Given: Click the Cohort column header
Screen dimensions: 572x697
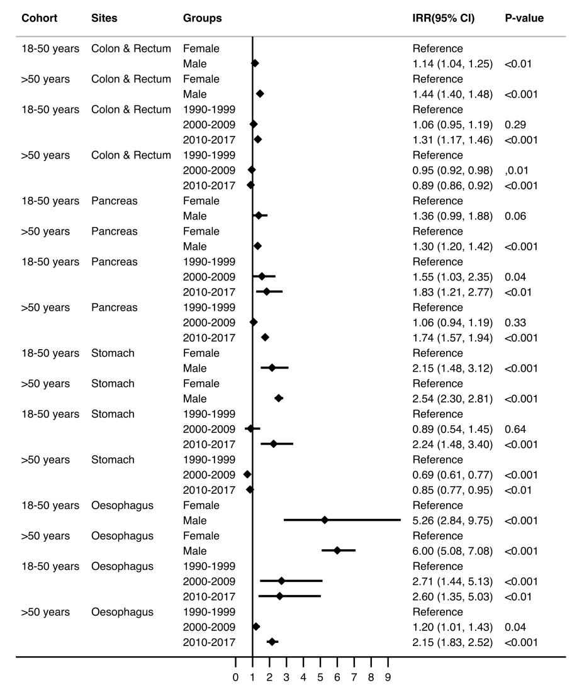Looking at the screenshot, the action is point(40,18).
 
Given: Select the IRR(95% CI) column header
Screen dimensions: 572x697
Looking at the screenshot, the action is point(444,18).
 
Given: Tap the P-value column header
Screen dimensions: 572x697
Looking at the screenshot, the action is point(524,18).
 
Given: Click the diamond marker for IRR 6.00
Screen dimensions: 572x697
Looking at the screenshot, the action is point(337,551).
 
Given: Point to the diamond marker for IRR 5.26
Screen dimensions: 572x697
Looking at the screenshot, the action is point(325,520).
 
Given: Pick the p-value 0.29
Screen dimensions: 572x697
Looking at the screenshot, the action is point(515,125).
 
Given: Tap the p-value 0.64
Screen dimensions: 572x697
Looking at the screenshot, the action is point(515,430).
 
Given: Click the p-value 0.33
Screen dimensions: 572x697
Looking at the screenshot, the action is point(515,323).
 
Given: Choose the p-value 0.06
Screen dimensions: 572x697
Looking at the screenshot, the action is point(515,216).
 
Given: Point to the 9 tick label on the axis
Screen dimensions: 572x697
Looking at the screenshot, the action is point(388,677).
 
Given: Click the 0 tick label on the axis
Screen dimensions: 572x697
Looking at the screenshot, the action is point(236,677).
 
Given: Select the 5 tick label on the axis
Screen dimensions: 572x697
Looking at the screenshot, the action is point(320,677).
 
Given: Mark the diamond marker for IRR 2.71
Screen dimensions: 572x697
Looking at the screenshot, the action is point(281,581).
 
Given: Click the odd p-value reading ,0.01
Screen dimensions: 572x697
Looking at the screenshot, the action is point(517,170).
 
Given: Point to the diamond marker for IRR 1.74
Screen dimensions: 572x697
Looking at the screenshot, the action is point(265,337).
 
